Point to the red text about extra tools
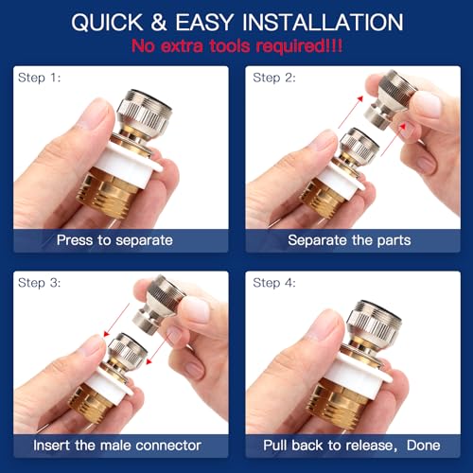click(236, 44)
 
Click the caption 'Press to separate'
click(114, 240)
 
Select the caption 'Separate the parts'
click(349, 240)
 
